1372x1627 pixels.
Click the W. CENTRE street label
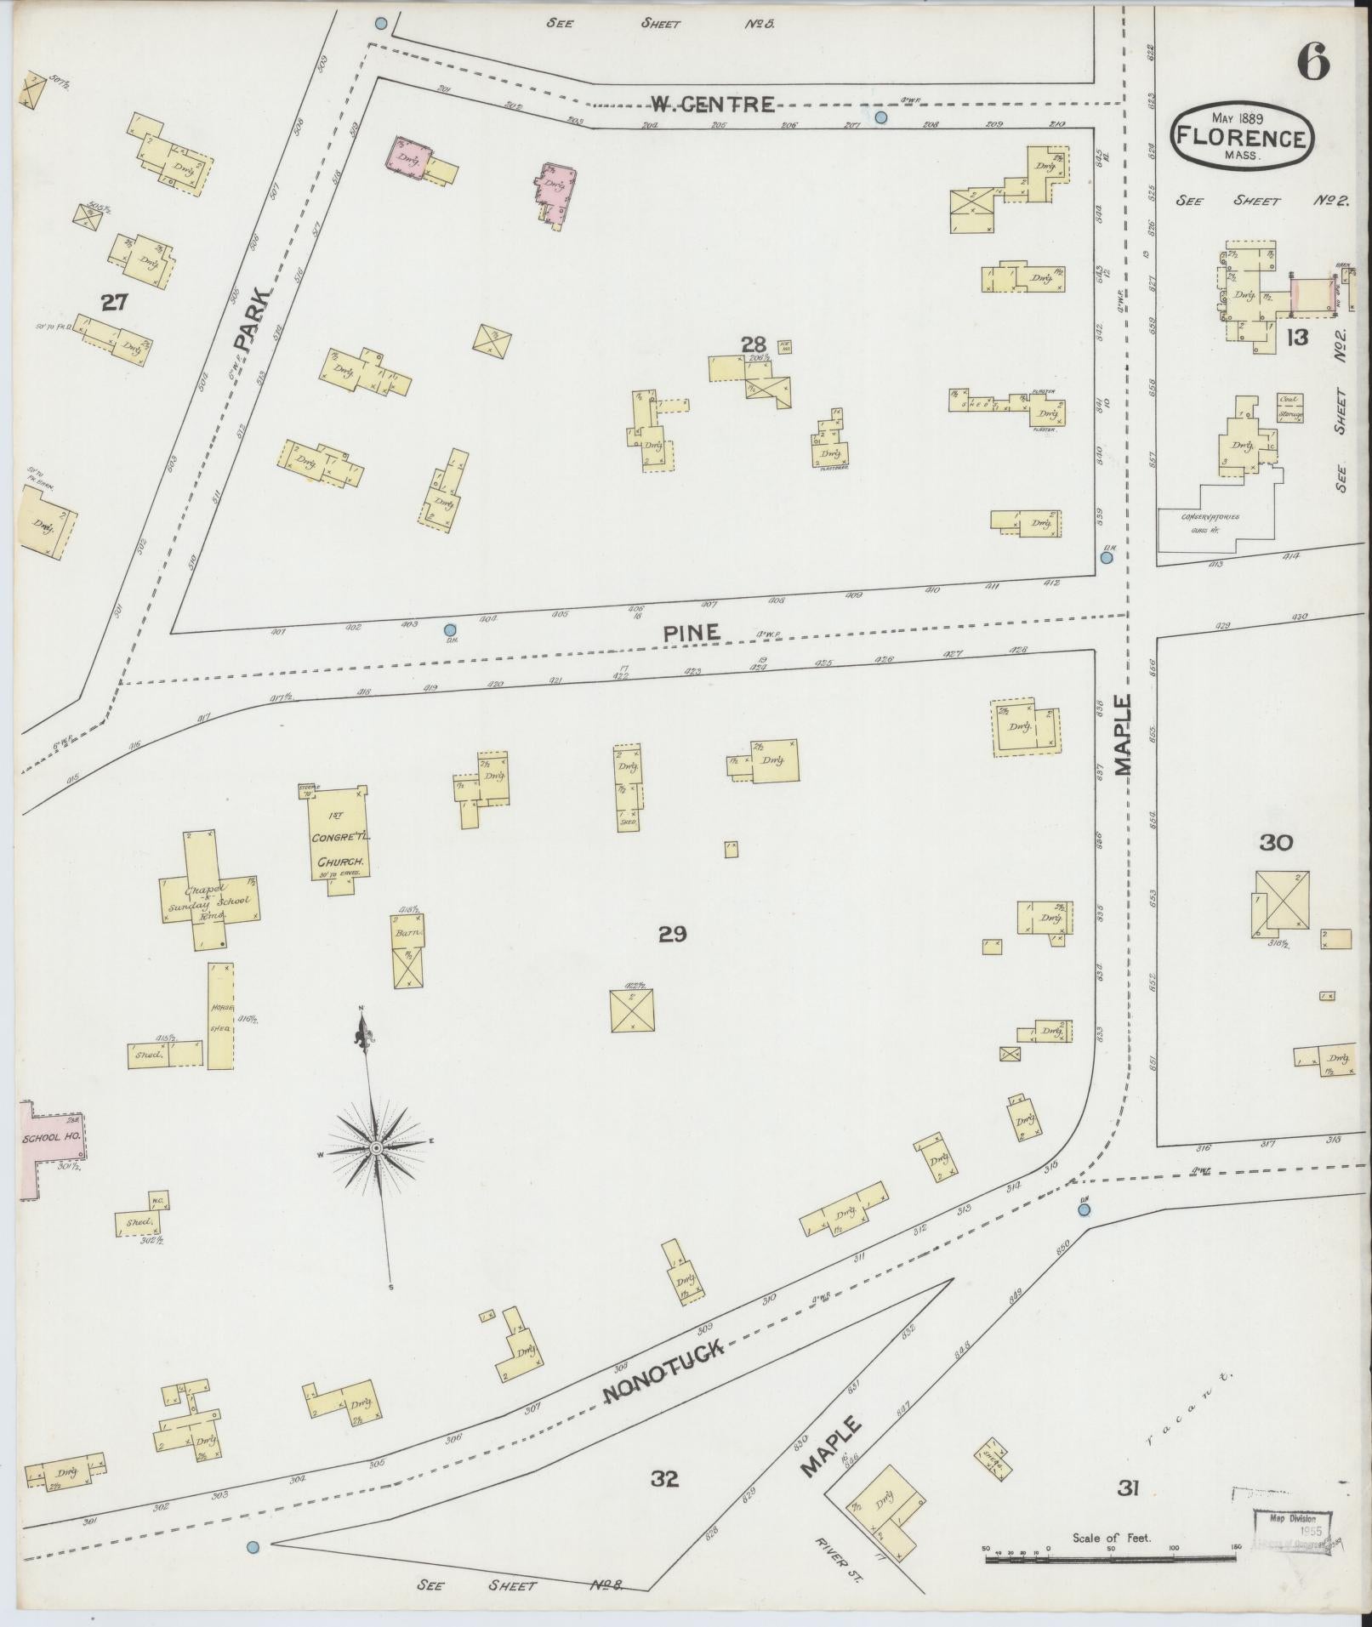pos(713,105)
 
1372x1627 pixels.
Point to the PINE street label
pos(692,633)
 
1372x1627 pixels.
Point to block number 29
pos(672,935)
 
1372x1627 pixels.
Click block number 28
pos(754,344)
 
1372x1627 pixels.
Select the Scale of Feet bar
pos(1110,1561)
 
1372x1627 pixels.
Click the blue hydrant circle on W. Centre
pos(881,117)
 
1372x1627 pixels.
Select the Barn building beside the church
pos(408,951)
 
